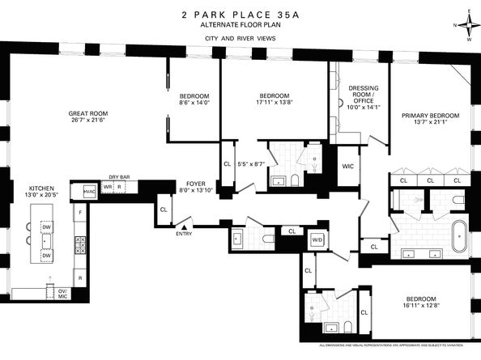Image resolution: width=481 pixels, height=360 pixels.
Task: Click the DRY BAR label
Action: click(x=120, y=176)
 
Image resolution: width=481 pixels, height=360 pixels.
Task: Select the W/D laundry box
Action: click(x=317, y=239)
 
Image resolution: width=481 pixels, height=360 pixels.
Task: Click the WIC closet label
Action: click(x=348, y=166)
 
